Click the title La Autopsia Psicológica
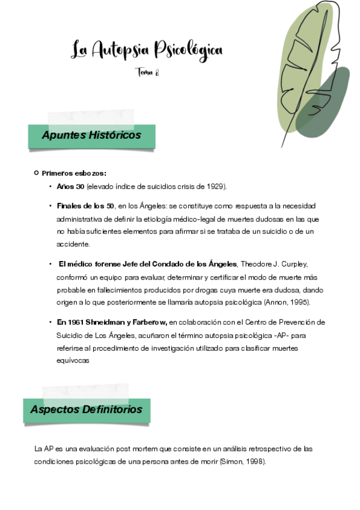(147, 49)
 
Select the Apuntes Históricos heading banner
(91, 135)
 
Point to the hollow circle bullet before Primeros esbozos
(37, 173)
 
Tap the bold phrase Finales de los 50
(85, 206)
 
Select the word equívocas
(73, 361)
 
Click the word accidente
(73, 244)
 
